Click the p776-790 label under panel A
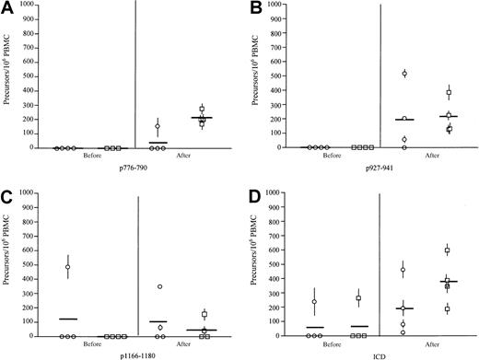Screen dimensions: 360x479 tap(137, 170)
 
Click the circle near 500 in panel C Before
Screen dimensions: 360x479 tap(67, 268)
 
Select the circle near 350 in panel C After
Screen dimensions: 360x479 tap(159, 286)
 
